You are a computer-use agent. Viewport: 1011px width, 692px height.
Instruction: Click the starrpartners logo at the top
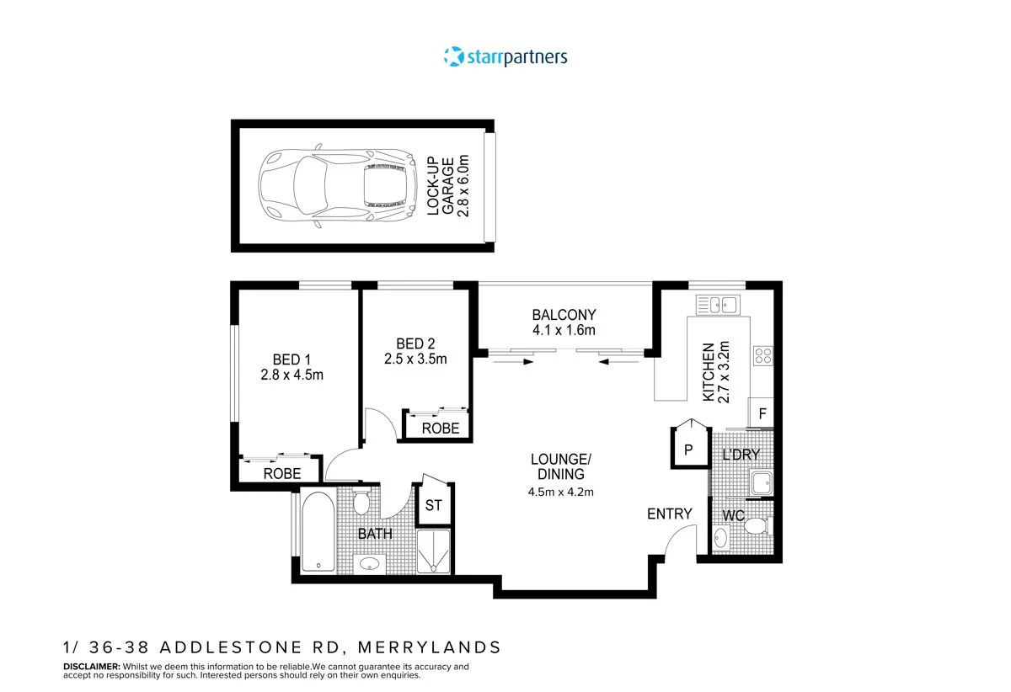pyautogui.click(x=505, y=56)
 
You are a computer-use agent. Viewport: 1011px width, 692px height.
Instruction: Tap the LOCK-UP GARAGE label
pyautogui.click(x=447, y=186)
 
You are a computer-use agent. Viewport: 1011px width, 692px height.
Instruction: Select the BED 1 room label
pyautogui.click(x=292, y=359)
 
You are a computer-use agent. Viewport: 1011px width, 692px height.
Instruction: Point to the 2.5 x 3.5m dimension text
pyautogui.click(x=415, y=359)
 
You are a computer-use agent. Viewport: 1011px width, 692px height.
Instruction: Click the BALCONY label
pyautogui.click(x=563, y=315)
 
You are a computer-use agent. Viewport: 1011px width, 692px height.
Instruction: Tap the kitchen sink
pyautogui.click(x=717, y=304)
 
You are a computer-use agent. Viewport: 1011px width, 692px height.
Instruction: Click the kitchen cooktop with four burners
pyautogui.click(x=763, y=356)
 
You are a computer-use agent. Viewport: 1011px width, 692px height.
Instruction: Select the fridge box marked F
pyautogui.click(x=762, y=413)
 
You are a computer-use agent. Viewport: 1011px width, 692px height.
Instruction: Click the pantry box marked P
pyautogui.click(x=687, y=450)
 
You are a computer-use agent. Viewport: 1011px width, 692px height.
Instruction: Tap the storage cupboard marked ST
pyautogui.click(x=433, y=505)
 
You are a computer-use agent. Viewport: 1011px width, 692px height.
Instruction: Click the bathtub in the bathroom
pyautogui.click(x=316, y=534)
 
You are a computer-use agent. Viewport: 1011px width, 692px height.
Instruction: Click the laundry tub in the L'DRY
pyautogui.click(x=761, y=483)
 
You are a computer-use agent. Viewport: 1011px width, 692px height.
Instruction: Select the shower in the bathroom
pyautogui.click(x=435, y=552)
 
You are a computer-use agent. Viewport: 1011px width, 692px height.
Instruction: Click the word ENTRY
pyautogui.click(x=669, y=514)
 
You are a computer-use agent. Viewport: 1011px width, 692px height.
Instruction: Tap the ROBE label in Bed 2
pyautogui.click(x=440, y=429)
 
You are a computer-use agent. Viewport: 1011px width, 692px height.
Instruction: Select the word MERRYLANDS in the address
pyautogui.click(x=429, y=647)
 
